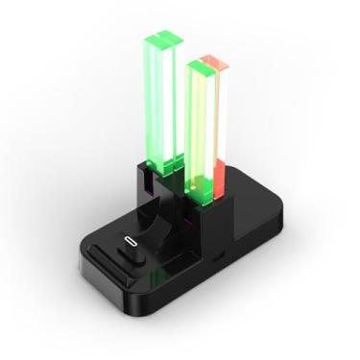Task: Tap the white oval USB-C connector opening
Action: [130, 241]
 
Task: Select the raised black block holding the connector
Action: [127, 251]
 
